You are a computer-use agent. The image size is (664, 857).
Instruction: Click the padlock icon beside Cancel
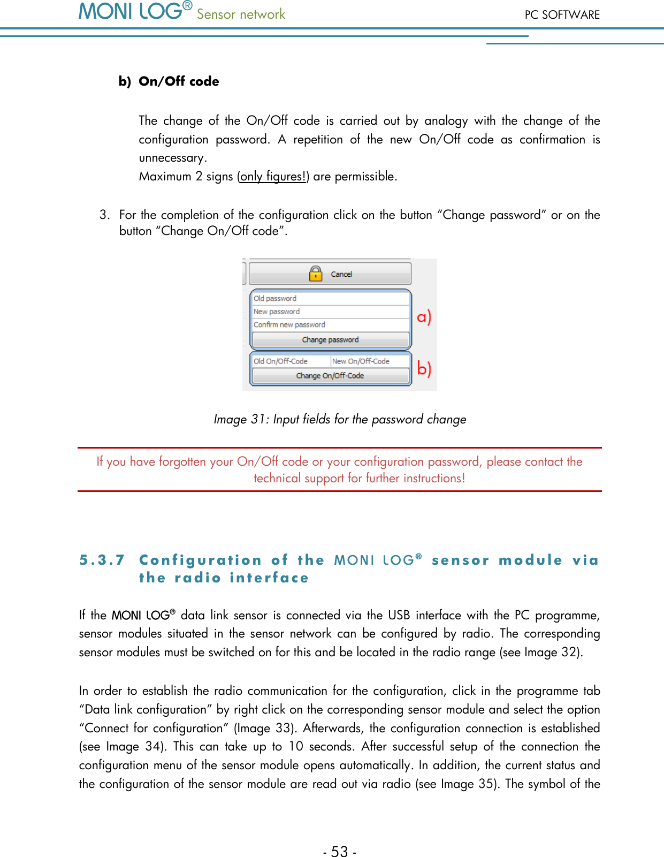point(316,274)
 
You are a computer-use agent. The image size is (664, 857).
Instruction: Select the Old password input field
point(330,299)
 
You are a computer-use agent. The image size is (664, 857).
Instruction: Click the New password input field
point(330,312)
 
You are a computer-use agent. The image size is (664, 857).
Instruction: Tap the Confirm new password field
point(330,325)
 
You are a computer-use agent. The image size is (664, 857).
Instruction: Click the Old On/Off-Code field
point(291,361)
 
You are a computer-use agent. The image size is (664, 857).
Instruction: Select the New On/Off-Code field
point(370,361)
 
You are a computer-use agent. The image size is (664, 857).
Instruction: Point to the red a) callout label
point(424,317)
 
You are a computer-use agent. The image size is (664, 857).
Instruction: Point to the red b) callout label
point(424,369)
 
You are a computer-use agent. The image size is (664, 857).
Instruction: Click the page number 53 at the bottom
point(339,851)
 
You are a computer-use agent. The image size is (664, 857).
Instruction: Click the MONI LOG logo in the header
point(135,12)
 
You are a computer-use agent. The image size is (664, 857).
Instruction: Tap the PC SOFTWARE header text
point(562,15)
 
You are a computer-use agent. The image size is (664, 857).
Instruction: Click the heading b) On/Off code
point(169,81)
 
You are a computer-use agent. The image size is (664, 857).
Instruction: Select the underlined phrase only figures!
point(273,177)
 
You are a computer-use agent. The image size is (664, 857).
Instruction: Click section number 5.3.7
point(102,560)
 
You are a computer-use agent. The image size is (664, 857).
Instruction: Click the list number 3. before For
point(104,215)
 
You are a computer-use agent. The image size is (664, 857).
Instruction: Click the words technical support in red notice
point(299,478)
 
